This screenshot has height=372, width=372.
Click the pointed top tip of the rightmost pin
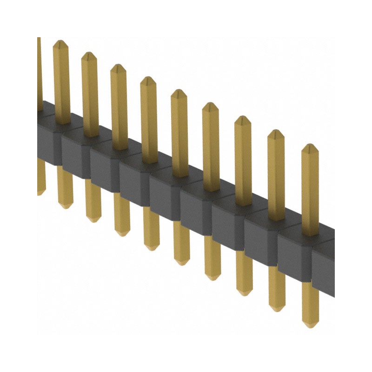[310, 146]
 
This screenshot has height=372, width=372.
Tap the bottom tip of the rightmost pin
[310, 324]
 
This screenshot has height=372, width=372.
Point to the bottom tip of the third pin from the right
[245, 292]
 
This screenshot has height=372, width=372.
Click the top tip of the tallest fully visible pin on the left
[61, 43]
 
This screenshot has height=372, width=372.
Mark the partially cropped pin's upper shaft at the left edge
[39, 70]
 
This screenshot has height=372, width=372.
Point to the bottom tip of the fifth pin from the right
[182, 262]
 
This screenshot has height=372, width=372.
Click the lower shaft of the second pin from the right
[277, 288]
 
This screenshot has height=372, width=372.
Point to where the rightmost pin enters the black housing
[310, 232]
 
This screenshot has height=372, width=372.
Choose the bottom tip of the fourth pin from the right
[213, 277]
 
